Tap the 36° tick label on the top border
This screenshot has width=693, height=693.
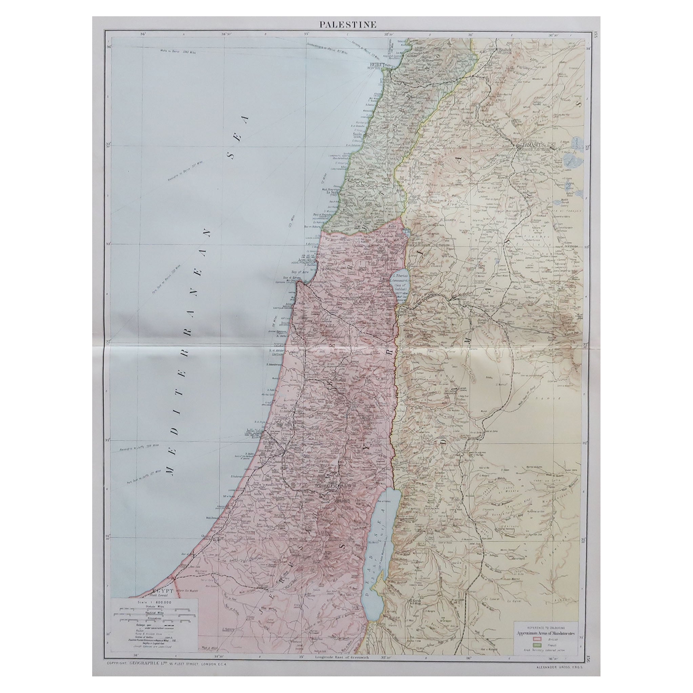(x=470, y=35)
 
